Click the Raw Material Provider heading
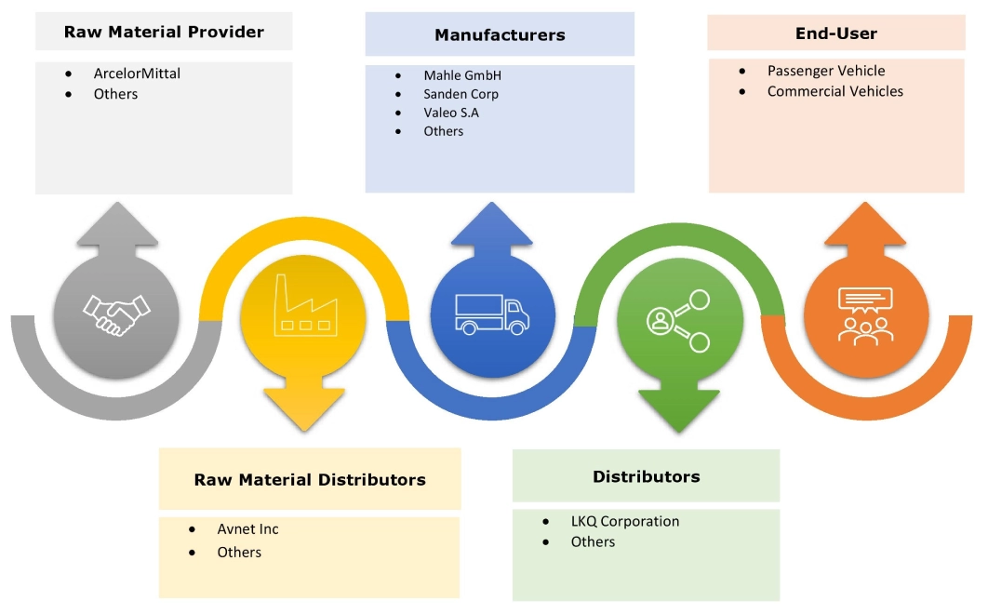tap(164, 32)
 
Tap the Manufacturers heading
tap(500, 35)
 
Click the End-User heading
tap(836, 33)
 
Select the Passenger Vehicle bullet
tap(826, 71)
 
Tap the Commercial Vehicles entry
tap(834, 91)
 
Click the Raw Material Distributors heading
tap(310, 480)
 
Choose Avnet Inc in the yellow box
tap(247, 528)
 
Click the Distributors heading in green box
tap(646, 476)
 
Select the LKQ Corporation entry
tap(625, 521)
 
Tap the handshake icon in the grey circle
tap(116, 314)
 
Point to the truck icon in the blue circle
tap(493, 314)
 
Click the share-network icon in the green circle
tap(677, 321)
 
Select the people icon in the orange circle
tap(865, 314)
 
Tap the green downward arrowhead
tap(679, 410)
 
